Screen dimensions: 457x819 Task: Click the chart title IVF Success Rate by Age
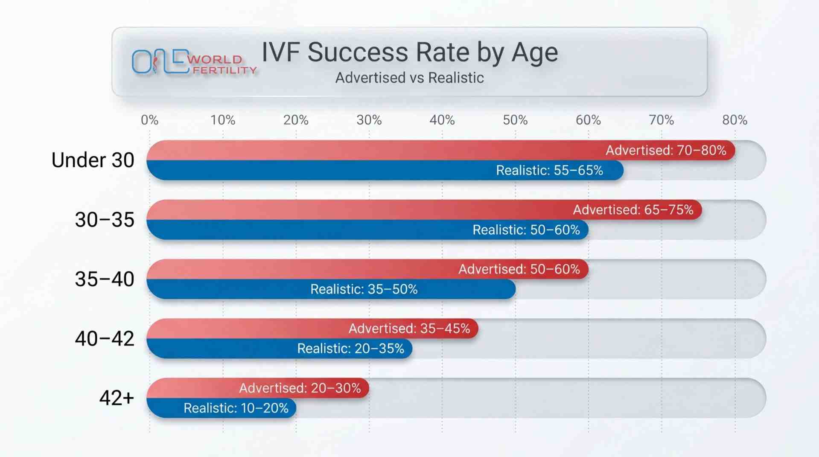[x=409, y=53]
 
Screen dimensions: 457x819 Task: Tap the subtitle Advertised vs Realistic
[x=409, y=78]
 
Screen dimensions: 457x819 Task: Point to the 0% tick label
[x=149, y=120]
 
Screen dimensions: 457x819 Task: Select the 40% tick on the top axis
[x=442, y=120]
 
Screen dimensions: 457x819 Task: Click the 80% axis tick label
[x=734, y=120]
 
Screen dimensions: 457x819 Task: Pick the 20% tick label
[x=296, y=120]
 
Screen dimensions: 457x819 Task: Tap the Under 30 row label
[x=93, y=160]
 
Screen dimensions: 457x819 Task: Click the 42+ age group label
[x=117, y=398]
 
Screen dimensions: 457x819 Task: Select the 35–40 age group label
[x=105, y=279]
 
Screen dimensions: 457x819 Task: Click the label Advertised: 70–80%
[x=666, y=150]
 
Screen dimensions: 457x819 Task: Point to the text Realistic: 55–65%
[x=549, y=170]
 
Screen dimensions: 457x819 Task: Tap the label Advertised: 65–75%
[x=633, y=210]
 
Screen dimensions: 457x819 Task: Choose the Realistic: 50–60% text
[x=526, y=230]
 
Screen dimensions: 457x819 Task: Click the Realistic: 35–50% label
[x=364, y=289]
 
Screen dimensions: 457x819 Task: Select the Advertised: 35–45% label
[x=409, y=328]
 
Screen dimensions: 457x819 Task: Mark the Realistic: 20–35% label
[x=350, y=348]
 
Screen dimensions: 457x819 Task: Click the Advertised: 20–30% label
[x=300, y=388]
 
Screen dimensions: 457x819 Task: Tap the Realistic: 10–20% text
[x=236, y=408]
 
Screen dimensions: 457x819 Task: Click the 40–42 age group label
[x=105, y=338]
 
